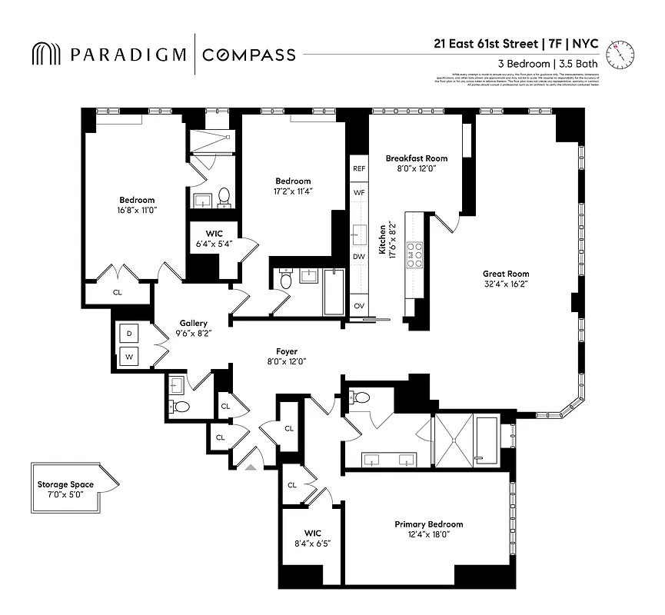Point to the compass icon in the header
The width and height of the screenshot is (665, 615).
620,53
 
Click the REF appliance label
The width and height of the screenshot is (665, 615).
359,168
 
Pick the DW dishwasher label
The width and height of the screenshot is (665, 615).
359,256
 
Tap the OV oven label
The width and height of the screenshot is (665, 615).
359,305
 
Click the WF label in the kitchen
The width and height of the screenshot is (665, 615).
359,192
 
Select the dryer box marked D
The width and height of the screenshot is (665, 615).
128,334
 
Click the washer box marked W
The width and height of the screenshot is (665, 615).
128,357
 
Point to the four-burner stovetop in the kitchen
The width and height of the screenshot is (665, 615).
415,254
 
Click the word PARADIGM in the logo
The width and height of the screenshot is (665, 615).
127,54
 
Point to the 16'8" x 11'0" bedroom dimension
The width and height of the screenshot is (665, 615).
136,209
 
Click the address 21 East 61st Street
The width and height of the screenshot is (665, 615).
484,44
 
